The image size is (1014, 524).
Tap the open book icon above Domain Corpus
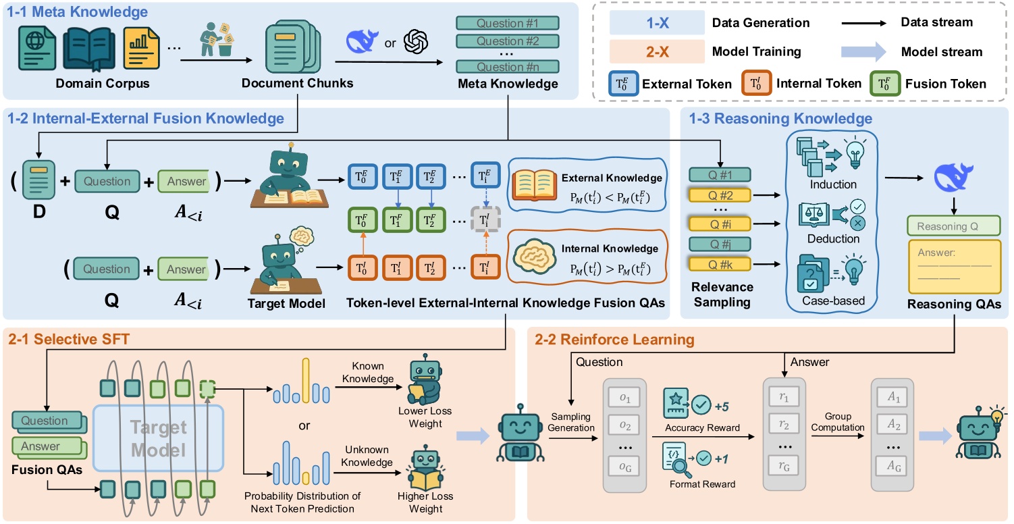click(90, 49)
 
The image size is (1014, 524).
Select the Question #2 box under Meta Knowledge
click(508, 41)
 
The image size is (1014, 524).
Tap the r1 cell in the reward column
click(783, 397)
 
